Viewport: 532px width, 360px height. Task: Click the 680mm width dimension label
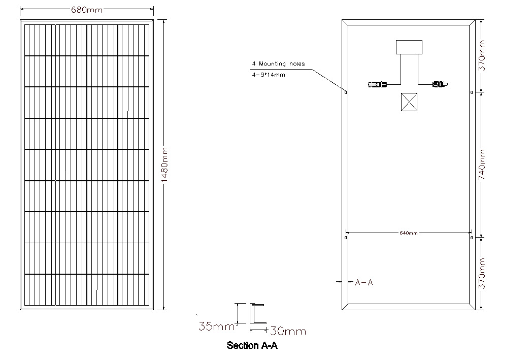(87, 10)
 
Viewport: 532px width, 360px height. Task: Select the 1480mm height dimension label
(164, 164)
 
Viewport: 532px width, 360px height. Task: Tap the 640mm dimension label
(409, 233)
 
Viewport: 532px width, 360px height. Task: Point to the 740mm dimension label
(482, 165)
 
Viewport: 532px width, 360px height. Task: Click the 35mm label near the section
(216, 326)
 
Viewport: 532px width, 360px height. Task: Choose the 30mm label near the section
(288, 331)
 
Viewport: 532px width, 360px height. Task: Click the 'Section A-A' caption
(252, 345)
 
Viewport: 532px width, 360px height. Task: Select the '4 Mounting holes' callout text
(278, 64)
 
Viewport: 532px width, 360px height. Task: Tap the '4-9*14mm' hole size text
(269, 75)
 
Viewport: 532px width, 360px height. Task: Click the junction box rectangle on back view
(409, 47)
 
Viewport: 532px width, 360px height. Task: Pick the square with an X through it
(409, 102)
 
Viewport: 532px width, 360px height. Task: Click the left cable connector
(377, 84)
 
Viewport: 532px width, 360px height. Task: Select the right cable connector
(440, 84)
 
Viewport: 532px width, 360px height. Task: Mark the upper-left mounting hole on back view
(346, 92)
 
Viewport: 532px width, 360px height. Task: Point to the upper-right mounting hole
(472, 92)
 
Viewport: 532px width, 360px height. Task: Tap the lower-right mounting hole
(472, 238)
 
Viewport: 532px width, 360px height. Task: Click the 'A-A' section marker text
(363, 282)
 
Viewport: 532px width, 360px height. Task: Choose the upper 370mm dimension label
(482, 56)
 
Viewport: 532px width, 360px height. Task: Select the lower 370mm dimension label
(482, 274)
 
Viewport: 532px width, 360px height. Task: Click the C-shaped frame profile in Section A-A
(251, 314)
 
